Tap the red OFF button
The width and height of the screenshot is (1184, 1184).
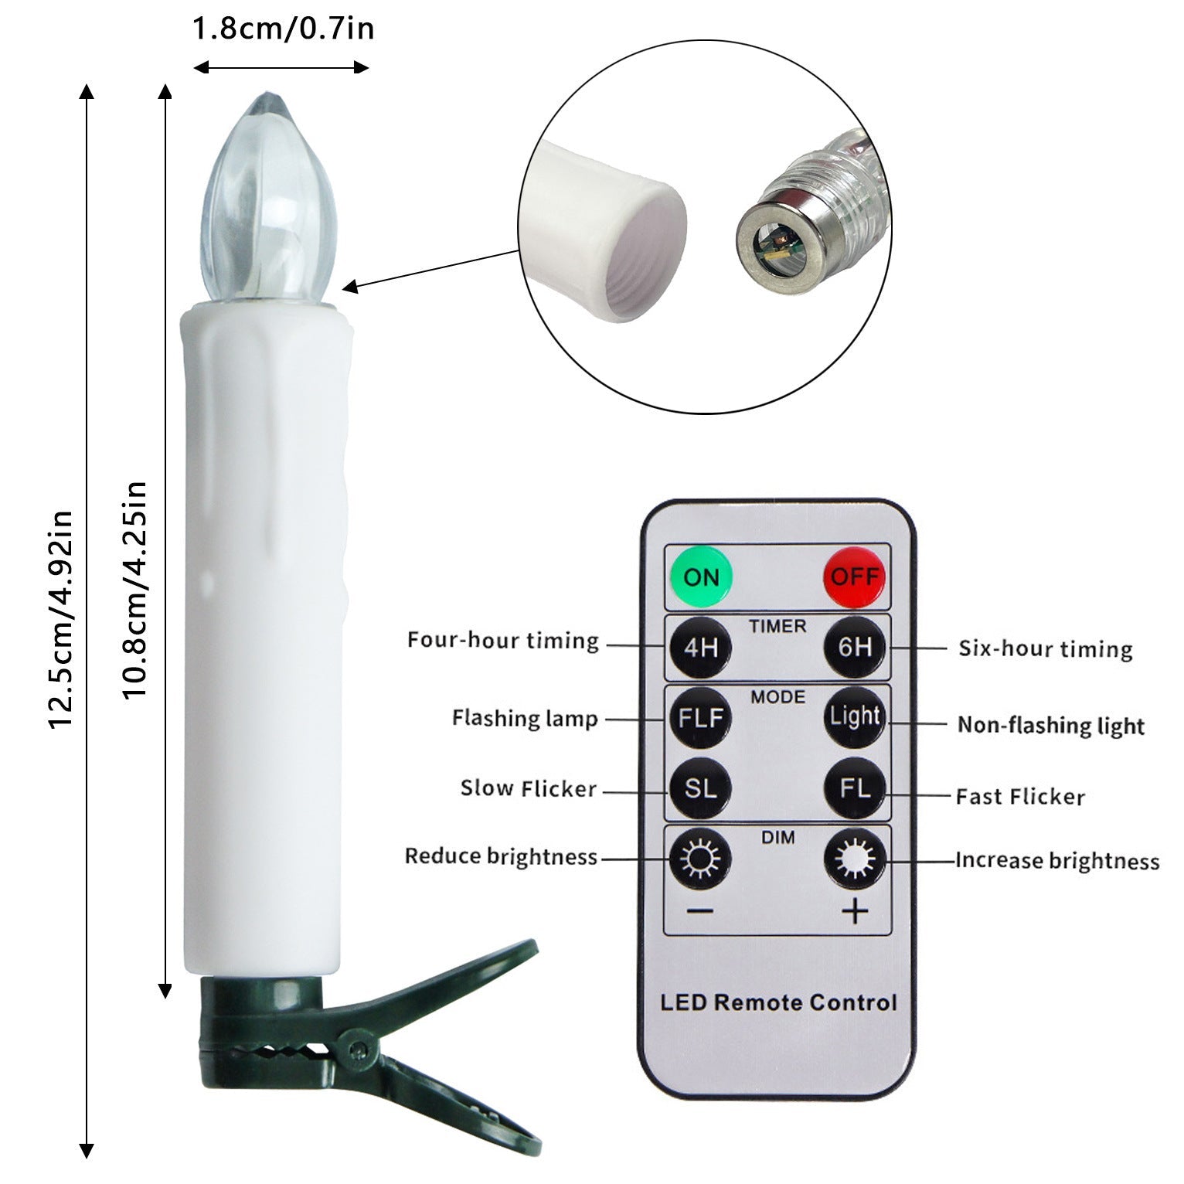pos(855,577)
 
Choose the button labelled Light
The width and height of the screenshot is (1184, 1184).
pos(855,718)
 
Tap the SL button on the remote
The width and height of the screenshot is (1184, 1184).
pos(700,788)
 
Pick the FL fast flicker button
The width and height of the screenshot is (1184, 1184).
pos(855,788)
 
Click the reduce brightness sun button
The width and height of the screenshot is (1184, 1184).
pos(700,858)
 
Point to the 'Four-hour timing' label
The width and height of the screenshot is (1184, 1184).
pos(503,641)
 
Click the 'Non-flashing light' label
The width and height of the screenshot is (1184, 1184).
pos(1051,725)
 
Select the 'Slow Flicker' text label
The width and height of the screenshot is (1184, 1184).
pos(529,788)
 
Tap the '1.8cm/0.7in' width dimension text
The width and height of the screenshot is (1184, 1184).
pos(283,29)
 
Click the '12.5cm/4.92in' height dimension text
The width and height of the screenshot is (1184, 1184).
pos(60,619)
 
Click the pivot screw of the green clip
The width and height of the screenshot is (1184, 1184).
pos(358,1049)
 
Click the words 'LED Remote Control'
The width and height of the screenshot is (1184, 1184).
pos(778,1002)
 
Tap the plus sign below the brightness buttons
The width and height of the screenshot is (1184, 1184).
pos(855,912)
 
